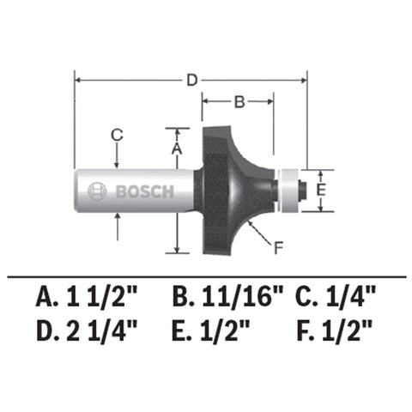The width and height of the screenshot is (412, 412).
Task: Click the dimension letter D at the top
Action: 192,80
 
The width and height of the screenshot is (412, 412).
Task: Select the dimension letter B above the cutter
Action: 239,102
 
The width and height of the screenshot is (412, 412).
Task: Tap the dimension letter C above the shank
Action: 118,133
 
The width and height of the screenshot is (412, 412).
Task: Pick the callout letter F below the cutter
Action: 277,250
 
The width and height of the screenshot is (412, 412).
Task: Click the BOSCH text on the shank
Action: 143,191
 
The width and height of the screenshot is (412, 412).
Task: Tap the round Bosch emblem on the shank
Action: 97,191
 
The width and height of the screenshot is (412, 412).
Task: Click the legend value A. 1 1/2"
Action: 88,299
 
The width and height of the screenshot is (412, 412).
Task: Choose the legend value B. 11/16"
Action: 227,299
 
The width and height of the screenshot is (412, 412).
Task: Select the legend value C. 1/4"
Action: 336,299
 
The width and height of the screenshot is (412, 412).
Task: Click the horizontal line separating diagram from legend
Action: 206,276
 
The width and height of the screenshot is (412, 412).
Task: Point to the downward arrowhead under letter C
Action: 118,162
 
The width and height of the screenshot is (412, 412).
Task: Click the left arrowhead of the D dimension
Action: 80,80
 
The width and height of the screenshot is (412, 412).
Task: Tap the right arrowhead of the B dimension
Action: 270,102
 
